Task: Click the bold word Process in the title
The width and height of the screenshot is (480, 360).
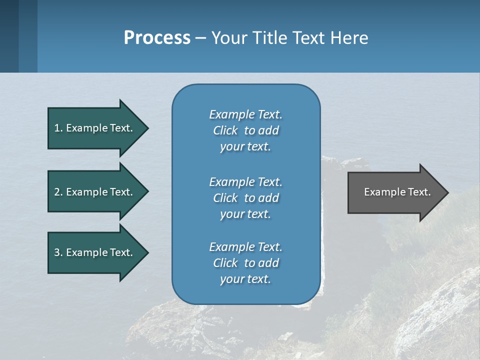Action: (x=157, y=37)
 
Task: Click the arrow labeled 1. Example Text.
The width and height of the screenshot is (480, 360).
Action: (x=95, y=128)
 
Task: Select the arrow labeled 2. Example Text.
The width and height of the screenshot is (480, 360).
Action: (x=95, y=192)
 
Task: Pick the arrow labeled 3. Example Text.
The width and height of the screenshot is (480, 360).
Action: (x=95, y=252)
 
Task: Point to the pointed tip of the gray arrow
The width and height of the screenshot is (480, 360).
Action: (x=446, y=192)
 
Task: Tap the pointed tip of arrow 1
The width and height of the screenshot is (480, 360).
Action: (x=146, y=128)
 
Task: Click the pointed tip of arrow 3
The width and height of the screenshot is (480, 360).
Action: (x=146, y=252)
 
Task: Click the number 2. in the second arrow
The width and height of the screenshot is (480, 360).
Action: (x=58, y=192)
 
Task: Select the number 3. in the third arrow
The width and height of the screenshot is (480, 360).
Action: (x=58, y=252)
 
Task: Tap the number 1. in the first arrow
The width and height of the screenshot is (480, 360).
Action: (x=58, y=128)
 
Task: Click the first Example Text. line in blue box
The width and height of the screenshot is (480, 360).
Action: (x=245, y=114)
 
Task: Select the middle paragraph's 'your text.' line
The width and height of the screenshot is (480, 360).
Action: (x=245, y=214)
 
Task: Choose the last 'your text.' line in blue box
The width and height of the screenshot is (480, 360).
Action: (x=245, y=279)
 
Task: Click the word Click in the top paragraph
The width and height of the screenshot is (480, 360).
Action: (x=225, y=130)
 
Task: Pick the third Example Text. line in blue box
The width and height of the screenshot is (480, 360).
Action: (x=245, y=247)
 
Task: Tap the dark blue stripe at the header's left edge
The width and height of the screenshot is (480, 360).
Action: (x=9, y=36)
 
